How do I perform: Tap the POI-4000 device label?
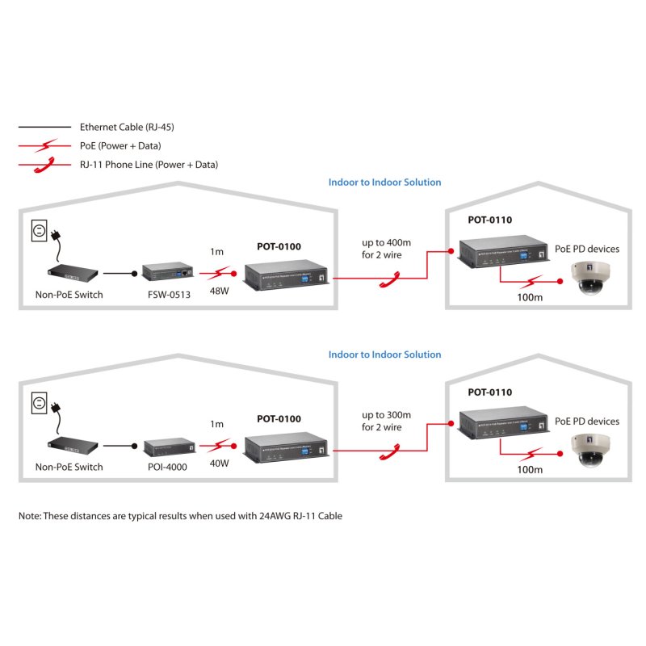[168, 467]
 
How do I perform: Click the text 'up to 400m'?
[387, 243]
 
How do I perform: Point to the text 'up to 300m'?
[387, 415]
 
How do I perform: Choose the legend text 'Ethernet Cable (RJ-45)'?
[127, 127]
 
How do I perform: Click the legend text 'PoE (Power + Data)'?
[120, 146]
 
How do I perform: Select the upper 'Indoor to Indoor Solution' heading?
[384, 182]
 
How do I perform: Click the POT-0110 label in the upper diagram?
[489, 220]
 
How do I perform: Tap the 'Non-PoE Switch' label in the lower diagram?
[69, 467]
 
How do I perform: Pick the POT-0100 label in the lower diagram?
[279, 419]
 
